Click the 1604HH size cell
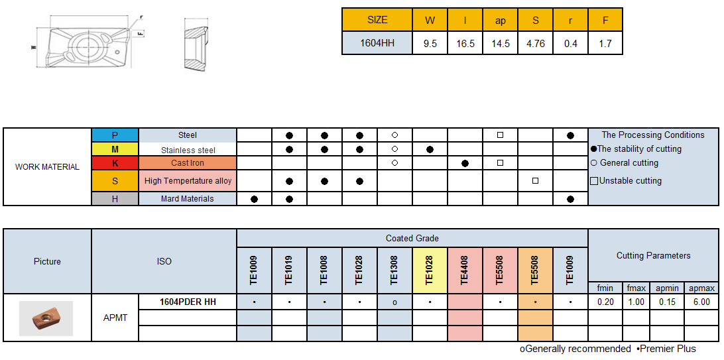tap(377, 44)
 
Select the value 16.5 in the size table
tap(465, 44)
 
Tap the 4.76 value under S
tap(535, 44)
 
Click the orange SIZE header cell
tap(377, 20)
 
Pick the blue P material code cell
tap(115, 135)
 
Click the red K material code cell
tap(115, 163)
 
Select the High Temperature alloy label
tap(188, 181)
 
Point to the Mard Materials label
tap(188, 199)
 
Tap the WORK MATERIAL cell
tap(47, 167)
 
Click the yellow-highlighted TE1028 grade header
tap(430, 270)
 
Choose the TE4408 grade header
tap(465, 270)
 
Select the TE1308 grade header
tap(394, 270)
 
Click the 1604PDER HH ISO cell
tap(188, 302)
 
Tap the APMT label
tap(115, 318)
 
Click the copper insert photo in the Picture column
tap(46, 318)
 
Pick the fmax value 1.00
tap(636, 302)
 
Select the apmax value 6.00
tap(701, 302)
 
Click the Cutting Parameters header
tap(653, 255)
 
